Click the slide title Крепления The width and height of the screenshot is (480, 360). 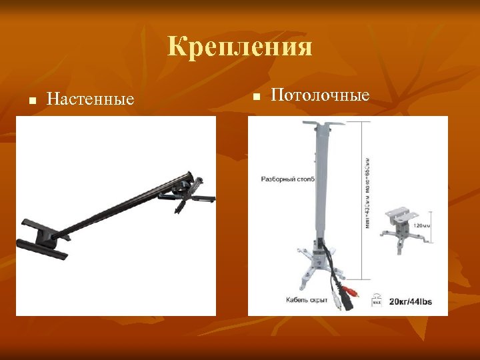(240, 47)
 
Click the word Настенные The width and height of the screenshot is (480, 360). (91, 99)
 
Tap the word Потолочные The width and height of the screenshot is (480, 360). (320, 95)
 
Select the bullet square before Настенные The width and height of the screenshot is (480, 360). (31, 101)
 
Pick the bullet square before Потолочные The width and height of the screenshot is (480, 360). (255, 97)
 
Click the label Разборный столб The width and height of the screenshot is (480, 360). (287, 179)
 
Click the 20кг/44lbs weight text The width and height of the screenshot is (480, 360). (410, 301)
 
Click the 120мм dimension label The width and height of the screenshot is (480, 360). (422, 225)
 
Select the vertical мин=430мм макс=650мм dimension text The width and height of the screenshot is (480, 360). (367, 193)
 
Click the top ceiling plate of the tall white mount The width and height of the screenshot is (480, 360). (323, 123)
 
